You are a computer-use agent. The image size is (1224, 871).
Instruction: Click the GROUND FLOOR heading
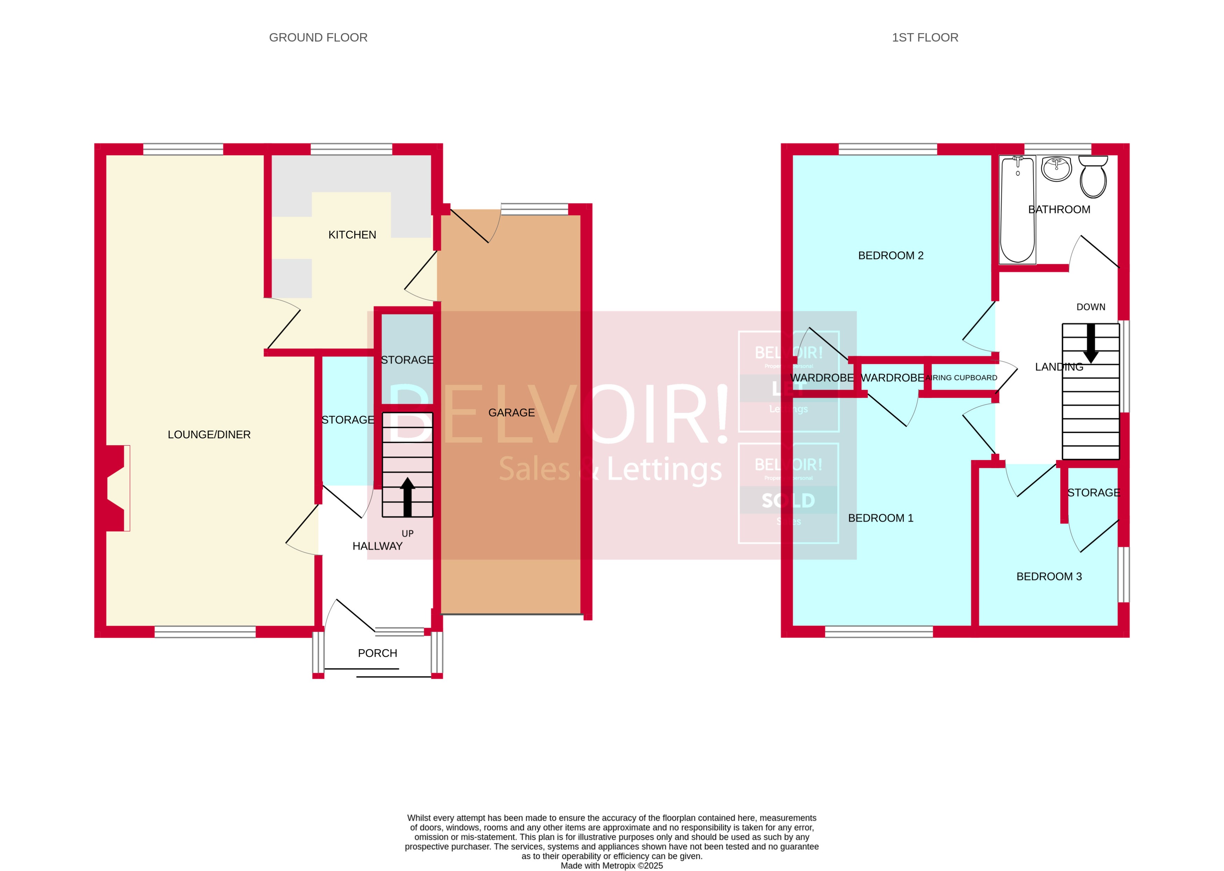point(318,37)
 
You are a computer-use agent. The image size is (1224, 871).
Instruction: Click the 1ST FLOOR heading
point(925,37)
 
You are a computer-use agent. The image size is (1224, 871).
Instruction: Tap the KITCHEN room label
point(352,235)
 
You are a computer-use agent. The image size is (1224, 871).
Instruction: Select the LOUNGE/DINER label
point(209,434)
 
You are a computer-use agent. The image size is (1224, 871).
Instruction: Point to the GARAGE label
point(511,413)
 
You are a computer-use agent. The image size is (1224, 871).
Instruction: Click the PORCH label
point(378,653)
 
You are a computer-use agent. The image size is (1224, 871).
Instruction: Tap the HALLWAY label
point(377,546)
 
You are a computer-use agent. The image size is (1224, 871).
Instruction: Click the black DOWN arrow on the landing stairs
point(1090,344)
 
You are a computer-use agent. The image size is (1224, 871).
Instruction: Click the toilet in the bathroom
point(1093,177)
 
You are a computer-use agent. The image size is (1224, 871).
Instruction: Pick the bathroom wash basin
point(1056,169)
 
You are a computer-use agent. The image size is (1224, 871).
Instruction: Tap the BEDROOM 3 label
point(1048,577)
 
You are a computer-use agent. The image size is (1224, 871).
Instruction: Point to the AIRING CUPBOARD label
point(961,378)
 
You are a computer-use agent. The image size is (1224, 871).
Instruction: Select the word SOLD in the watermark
point(788,500)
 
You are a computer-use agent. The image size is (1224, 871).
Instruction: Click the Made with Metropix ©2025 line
point(611,865)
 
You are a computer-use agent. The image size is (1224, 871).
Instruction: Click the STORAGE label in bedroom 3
point(1093,492)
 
